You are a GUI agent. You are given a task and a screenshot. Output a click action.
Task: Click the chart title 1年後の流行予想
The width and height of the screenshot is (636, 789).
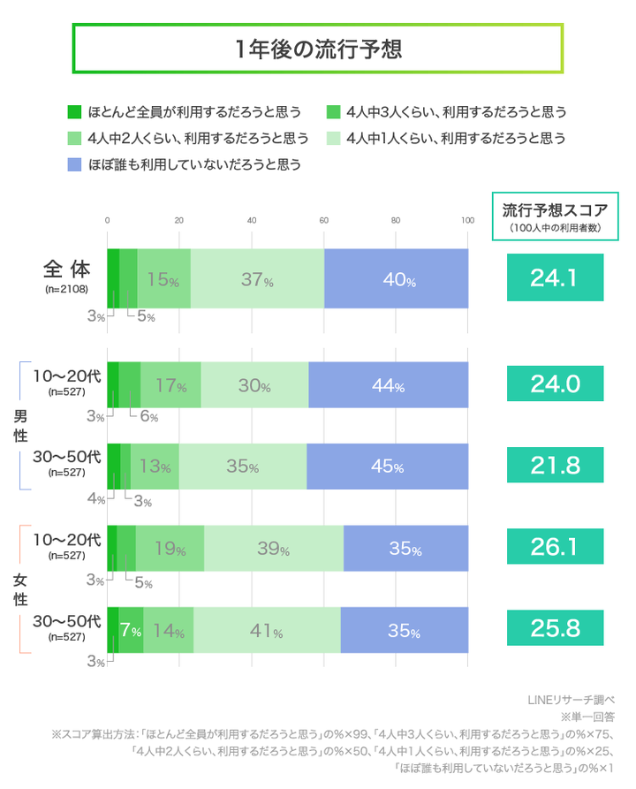tap(318, 48)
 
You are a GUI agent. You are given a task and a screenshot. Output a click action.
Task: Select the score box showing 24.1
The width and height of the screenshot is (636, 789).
tap(554, 278)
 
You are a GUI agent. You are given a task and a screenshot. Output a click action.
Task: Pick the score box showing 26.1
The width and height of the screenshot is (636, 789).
tap(554, 548)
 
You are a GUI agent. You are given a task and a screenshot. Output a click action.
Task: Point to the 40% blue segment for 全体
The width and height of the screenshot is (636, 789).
tap(396, 279)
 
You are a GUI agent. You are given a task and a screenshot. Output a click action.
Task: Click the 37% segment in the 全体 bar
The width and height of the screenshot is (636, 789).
tap(257, 279)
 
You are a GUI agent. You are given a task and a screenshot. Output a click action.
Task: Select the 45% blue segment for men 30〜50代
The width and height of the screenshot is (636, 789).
tap(387, 467)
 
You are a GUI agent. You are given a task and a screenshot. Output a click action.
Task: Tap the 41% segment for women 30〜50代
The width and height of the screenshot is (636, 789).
tap(267, 631)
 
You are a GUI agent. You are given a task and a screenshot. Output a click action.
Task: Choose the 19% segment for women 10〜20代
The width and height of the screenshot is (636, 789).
tap(170, 549)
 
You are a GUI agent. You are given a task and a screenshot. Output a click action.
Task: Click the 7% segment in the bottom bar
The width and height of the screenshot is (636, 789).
tap(131, 631)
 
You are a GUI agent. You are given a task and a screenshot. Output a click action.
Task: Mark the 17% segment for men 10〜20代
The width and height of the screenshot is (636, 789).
tap(170, 385)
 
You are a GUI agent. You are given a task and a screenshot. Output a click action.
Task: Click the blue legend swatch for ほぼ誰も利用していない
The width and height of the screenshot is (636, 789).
tap(74, 164)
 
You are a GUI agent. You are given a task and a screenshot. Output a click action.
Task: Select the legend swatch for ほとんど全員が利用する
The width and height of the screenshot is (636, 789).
tap(74, 112)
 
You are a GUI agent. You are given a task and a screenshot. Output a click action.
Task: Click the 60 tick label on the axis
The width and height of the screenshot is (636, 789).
tap(323, 221)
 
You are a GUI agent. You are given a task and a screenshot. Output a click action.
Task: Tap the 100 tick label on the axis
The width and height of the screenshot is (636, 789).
tap(467, 221)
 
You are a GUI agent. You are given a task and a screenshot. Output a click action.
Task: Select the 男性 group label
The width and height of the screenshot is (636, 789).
tap(19, 425)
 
